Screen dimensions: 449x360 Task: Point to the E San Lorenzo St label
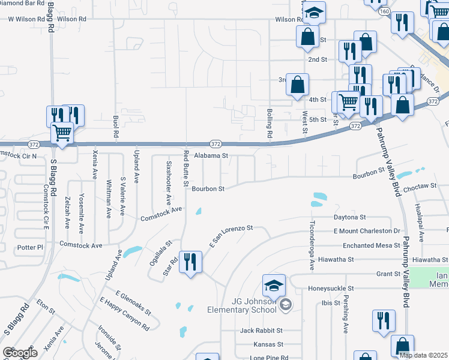pos(231,236)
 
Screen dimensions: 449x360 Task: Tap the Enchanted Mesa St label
pos(371,245)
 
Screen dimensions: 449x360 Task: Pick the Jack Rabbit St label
pos(261,331)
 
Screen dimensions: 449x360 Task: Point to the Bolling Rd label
pos(270,124)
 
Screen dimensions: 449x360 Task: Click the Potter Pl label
pos(31,247)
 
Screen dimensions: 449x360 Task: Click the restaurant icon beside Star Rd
pos(191,262)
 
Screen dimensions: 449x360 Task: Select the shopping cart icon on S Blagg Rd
pos(62,133)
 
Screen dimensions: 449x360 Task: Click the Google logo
pos(20,353)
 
